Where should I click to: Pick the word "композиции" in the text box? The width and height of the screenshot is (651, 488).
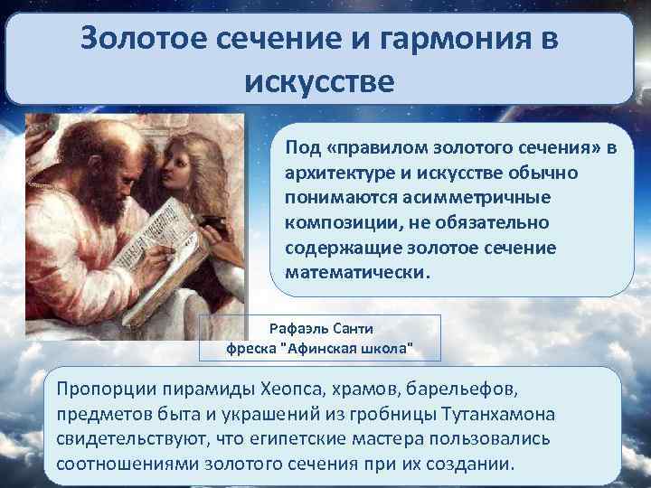(328, 221)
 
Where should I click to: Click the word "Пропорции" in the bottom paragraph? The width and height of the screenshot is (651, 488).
(101, 389)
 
